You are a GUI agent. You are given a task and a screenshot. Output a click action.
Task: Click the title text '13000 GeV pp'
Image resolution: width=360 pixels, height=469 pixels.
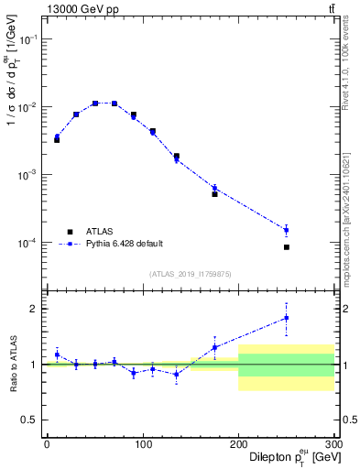pos(78,9)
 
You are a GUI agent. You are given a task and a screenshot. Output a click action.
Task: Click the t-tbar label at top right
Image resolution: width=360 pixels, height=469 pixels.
pos(331,9)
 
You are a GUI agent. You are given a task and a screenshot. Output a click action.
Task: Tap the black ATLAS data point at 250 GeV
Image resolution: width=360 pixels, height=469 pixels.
pos(287,247)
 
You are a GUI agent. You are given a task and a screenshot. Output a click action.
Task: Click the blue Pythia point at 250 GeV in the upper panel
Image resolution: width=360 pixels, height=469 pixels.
pos(287,230)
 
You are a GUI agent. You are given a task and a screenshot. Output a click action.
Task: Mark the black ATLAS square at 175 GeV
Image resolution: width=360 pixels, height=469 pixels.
pos(214,194)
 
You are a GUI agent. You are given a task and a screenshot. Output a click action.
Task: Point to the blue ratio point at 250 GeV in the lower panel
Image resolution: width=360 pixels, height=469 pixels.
pos(287,318)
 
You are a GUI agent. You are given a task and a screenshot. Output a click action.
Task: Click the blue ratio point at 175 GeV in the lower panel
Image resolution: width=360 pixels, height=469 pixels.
pos(214,347)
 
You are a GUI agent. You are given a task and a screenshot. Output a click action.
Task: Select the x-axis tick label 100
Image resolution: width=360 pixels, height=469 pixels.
pos(142,444)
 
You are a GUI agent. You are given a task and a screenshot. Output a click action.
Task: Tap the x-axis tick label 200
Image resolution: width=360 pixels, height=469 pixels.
pos(238,444)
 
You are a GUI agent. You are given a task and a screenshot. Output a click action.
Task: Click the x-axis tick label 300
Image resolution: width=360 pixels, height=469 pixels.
pos(333,444)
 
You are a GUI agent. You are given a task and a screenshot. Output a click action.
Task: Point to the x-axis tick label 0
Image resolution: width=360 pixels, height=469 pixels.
pos(47,444)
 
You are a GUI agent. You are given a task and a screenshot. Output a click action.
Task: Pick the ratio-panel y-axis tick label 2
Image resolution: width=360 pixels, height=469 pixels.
pos(33,309)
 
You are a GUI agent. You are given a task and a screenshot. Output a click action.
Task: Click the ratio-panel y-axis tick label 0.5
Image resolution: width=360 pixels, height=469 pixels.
pos(28,420)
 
